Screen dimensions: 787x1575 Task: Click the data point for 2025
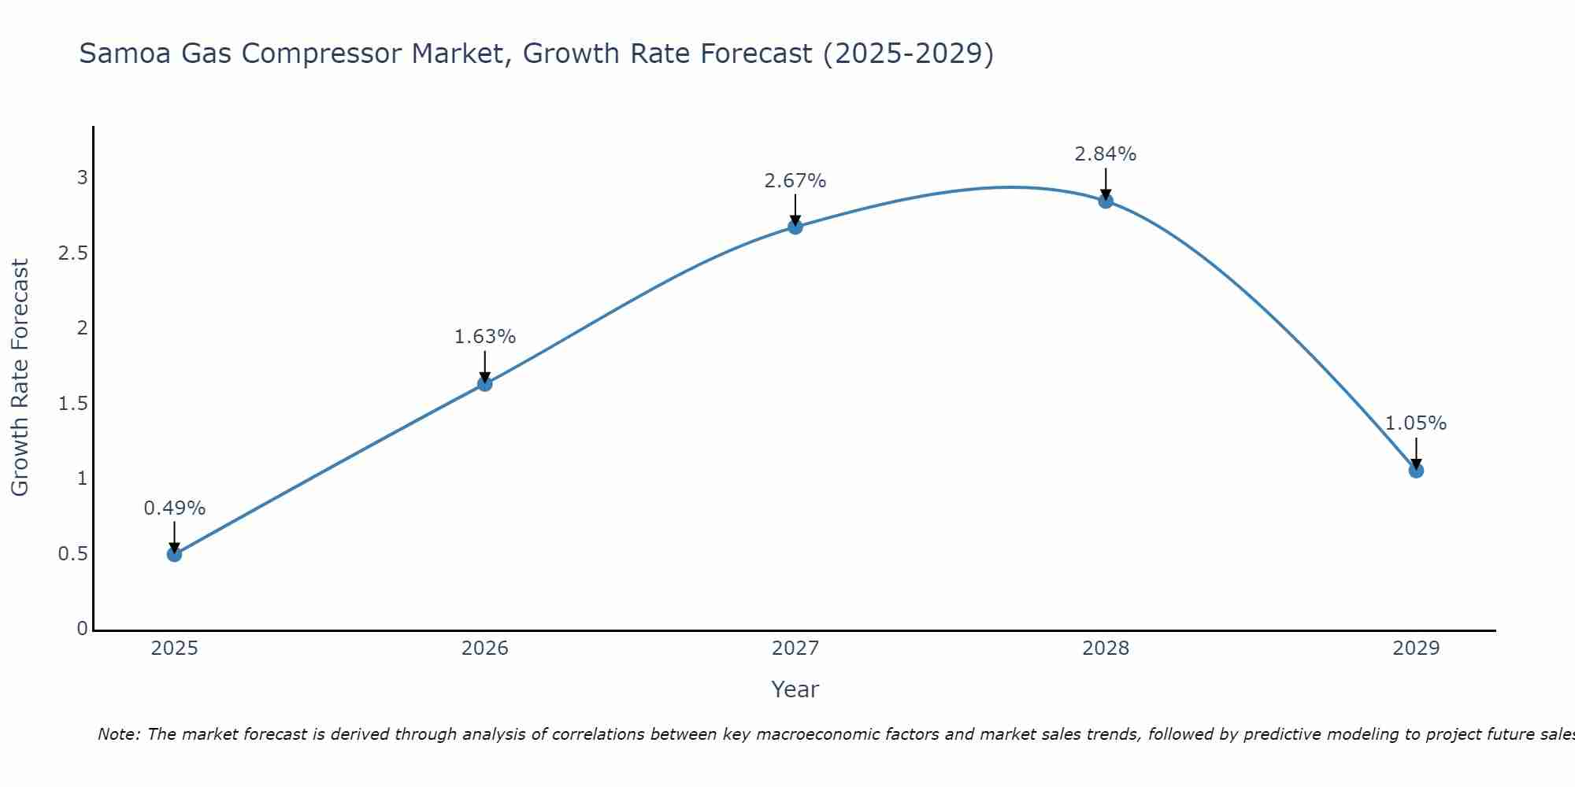coord(175,554)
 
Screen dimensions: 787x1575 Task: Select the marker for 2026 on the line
coord(485,384)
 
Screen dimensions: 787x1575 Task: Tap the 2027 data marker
coord(795,227)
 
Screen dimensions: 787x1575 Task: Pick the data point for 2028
coord(1106,201)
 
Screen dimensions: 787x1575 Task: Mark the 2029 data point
coord(1416,471)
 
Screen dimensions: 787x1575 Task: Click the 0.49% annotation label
coord(175,508)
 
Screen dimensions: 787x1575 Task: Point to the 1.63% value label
coord(485,337)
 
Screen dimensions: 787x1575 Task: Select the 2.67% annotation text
coord(795,181)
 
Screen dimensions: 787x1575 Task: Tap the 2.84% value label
coord(1106,154)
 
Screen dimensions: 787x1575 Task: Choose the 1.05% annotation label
coord(1416,423)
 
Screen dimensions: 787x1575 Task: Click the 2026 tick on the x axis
coord(485,648)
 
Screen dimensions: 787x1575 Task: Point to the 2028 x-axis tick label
coord(1106,648)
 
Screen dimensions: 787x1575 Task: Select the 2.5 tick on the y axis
coord(72,253)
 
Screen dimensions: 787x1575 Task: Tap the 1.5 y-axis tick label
coord(72,404)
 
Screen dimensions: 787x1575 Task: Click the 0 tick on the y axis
coord(83,629)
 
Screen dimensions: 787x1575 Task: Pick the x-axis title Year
coord(795,689)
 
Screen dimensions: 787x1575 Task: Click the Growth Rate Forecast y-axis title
coord(20,378)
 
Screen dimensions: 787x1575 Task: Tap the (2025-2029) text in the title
coord(909,54)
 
